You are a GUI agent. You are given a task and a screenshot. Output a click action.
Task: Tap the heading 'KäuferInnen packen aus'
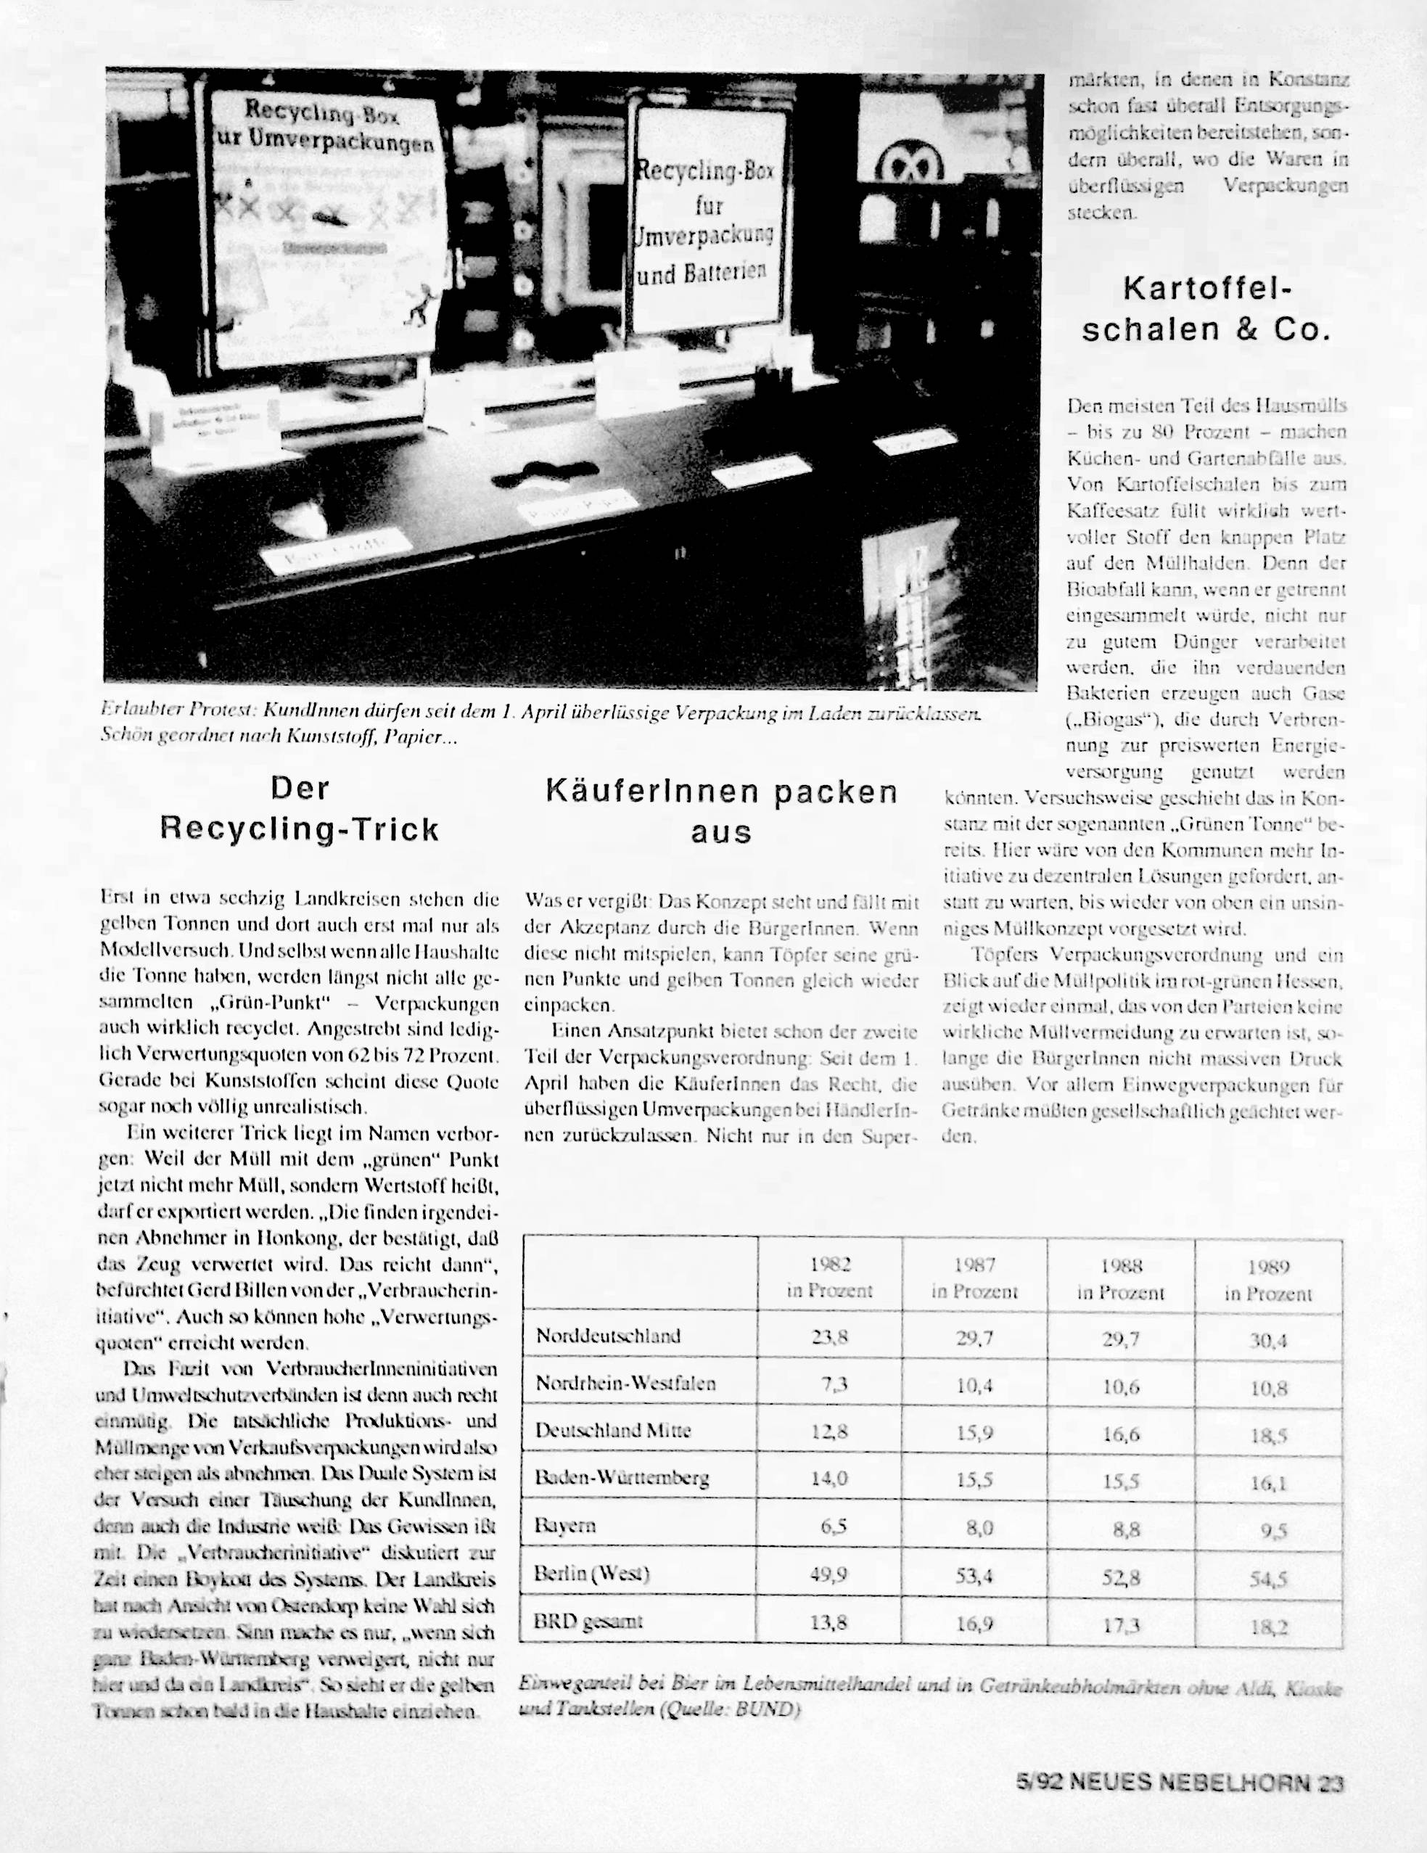721,811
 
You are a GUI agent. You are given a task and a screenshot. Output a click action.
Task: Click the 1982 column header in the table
829,1277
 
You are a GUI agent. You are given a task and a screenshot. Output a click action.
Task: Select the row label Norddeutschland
608,1336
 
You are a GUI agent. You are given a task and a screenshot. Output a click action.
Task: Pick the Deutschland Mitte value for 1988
1121,1434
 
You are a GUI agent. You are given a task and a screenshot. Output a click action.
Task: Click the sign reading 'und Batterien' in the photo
702,272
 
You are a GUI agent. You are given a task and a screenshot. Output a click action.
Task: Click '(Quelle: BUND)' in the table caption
730,1709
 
